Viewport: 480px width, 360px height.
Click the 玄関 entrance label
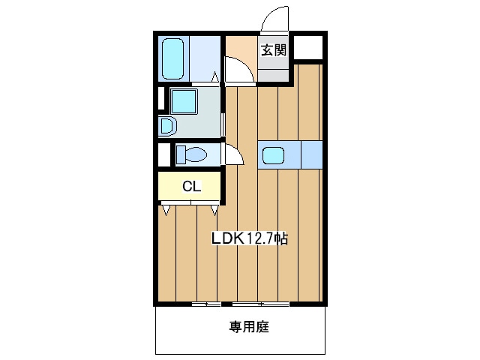click(x=274, y=51)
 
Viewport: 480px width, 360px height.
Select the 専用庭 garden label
click(x=249, y=327)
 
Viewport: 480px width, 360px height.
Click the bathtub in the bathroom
click(x=174, y=58)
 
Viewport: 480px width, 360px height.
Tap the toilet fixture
click(x=190, y=155)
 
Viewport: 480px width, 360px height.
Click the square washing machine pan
click(x=182, y=100)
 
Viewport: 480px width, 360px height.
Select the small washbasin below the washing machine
click(x=167, y=124)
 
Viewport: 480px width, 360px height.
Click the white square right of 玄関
click(x=309, y=48)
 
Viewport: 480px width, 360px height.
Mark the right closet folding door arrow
click(x=216, y=209)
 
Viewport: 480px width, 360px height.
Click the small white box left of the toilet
click(x=164, y=154)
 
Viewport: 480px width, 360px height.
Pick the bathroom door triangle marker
click(x=214, y=76)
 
